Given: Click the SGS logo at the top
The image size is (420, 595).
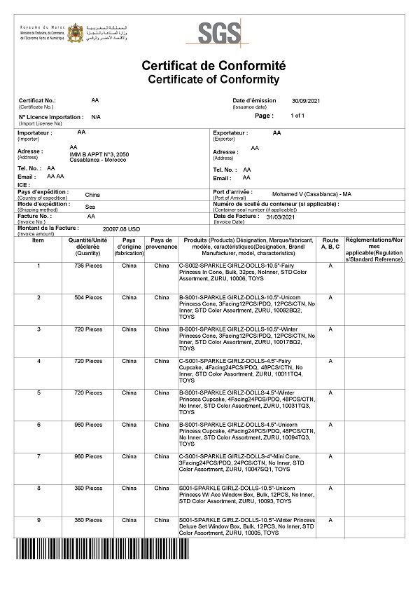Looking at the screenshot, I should (219, 32).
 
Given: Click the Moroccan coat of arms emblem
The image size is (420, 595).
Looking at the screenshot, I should (76, 32).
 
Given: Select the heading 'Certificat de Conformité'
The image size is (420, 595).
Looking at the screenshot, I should (213, 66).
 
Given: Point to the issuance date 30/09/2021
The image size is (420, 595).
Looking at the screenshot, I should (305, 101).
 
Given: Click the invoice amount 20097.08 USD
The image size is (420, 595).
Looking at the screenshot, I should (122, 228).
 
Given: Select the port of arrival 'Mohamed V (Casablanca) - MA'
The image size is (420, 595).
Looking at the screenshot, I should (311, 193).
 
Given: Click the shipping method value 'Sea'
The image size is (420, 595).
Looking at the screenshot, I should (90, 207).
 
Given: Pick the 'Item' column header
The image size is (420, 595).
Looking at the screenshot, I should (38, 240).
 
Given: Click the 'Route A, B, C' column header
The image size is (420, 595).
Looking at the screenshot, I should (330, 243).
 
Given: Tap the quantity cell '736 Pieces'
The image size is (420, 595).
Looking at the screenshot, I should (89, 266).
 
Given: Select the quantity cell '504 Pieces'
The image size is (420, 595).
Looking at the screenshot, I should (89, 297).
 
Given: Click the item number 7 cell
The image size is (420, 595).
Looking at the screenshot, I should (38, 456).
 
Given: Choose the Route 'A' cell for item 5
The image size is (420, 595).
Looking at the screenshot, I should (330, 392).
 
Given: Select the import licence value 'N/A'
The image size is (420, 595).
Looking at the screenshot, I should (96, 117).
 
